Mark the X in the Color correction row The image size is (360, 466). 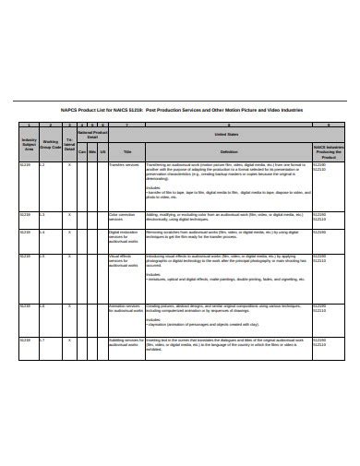pos(69,213)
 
